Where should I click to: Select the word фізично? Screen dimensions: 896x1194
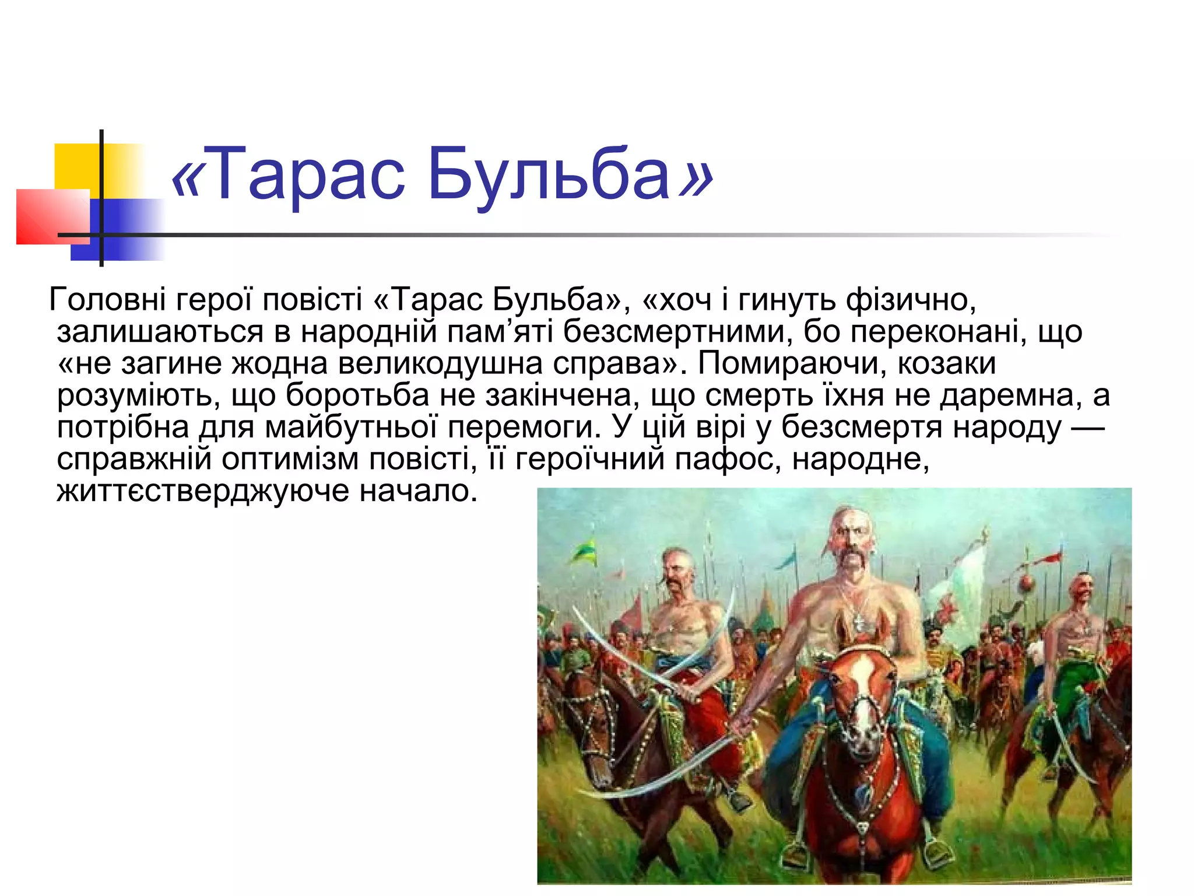coord(911,300)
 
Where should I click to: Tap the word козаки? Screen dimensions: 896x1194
coord(947,364)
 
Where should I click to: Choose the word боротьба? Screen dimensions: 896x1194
coord(357,396)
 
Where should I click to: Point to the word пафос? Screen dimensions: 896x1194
coord(726,460)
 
